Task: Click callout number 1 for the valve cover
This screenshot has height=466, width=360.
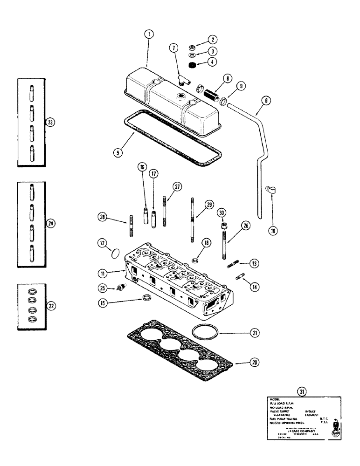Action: pyautogui.click(x=148, y=34)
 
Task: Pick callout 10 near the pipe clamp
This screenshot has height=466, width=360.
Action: pyautogui.click(x=272, y=230)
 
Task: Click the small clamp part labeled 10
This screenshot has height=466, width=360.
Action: pyautogui.click(x=271, y=190)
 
